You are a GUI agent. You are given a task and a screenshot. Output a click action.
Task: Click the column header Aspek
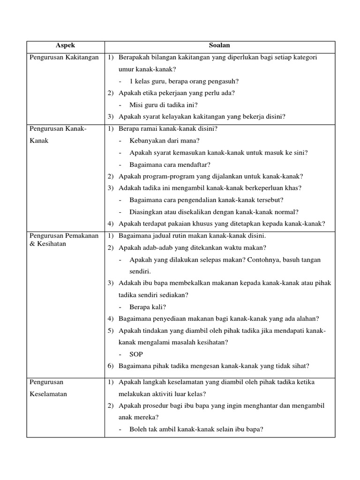coord(65,46)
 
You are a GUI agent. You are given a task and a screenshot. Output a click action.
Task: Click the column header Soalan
coord(219,46)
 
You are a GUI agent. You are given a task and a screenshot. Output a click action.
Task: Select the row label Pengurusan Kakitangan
coord(64,57)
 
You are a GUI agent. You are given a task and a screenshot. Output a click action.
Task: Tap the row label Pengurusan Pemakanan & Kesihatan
coord(64,240)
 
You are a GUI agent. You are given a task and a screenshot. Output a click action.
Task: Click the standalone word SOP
coord(136,354)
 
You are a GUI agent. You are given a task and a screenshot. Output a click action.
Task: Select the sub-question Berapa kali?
coord(148,307)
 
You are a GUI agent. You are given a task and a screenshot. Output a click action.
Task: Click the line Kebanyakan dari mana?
coord(165,140)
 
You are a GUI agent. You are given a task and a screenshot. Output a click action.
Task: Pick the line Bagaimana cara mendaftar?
coord(170,164)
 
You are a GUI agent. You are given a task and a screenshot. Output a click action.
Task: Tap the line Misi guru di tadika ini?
coord(164,105)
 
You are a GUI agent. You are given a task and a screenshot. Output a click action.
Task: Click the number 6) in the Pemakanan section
coord(111,366)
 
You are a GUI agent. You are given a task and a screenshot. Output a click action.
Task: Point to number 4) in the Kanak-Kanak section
coord(111,224)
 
